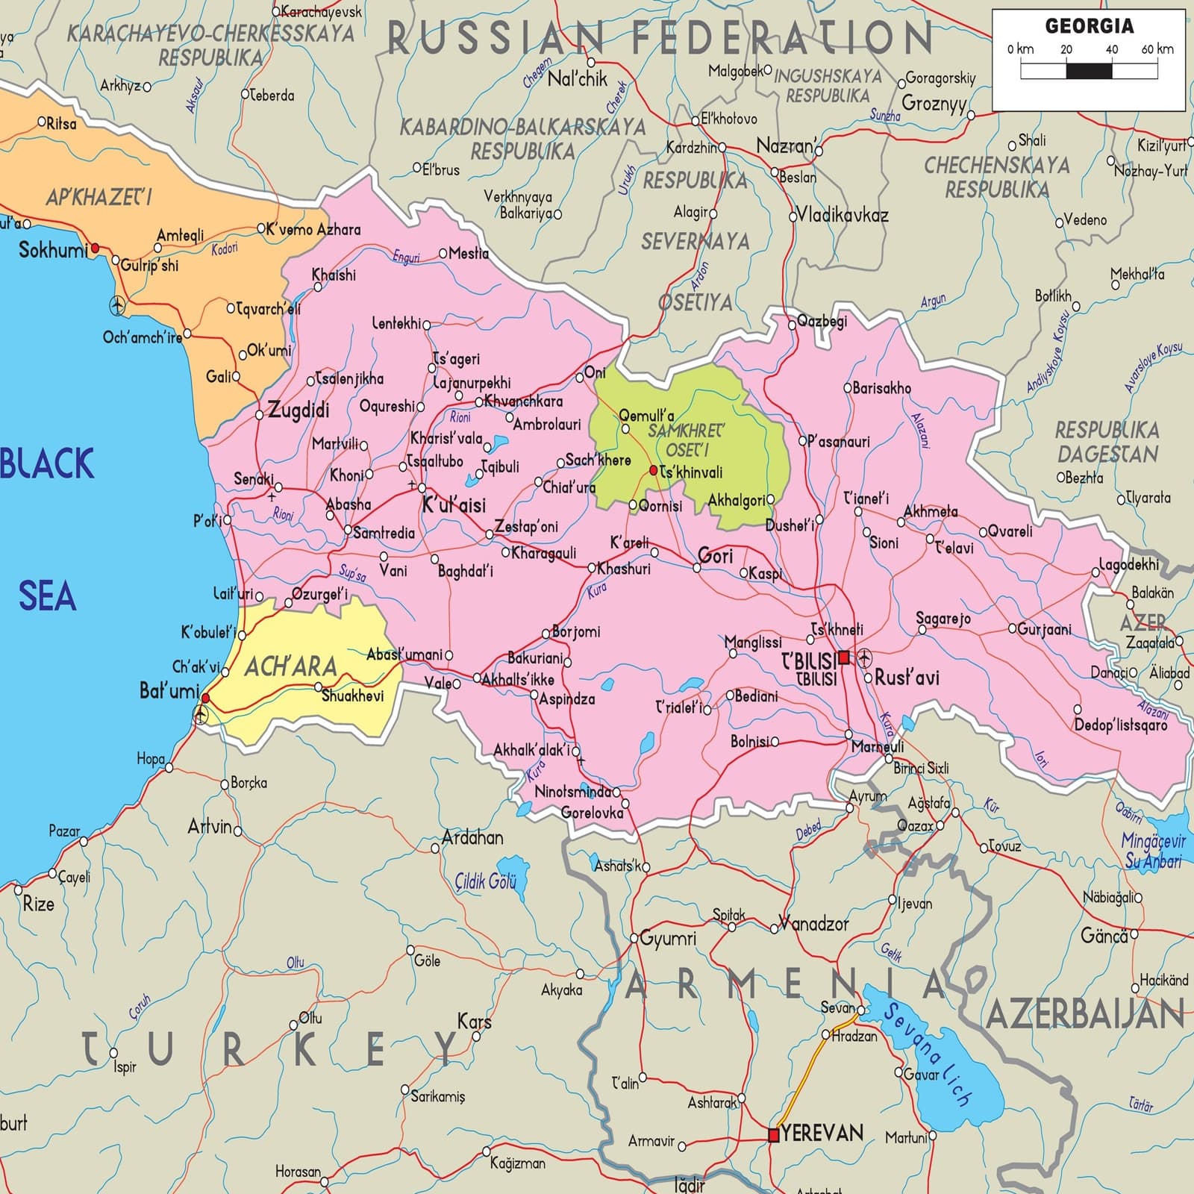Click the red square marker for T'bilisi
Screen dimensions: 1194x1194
(x=844, y=657)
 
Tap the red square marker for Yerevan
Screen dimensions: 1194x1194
(x=774, y=1135)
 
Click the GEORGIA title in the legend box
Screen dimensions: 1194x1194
(x=1089, y=26)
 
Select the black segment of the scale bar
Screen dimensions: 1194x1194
(x=1089, y=71)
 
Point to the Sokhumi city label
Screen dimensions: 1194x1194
(x=52, y=250)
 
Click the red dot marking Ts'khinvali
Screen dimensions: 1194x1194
(x=654, y=470)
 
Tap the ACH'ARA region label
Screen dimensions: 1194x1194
(x=290, y=666)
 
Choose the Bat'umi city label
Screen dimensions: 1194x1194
(x=169, y=691)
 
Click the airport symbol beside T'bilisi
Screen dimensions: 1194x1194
(x=864, y=657)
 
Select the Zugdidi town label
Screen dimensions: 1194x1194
(x=298, y=410)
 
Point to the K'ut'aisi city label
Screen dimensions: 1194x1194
(x=454, y=505)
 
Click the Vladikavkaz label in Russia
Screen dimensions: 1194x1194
(x=843, y=216)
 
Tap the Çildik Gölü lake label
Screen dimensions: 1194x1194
(x=486, y=882)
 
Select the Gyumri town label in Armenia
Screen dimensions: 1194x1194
(x=668, y=938)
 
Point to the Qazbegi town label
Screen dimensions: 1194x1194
(x=822, y=322)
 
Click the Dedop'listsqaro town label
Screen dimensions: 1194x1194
(x=1120, y=725)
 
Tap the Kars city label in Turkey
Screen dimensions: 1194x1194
(x=475, y=1021)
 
